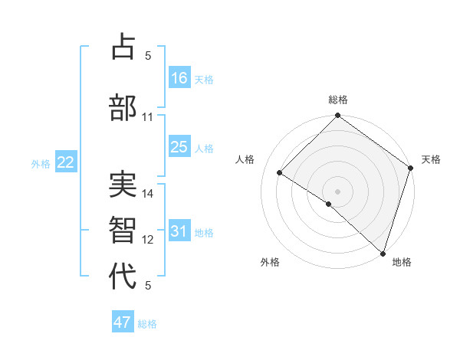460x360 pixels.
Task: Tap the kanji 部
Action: tap(123, 107)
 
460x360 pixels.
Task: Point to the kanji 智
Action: tap(123, 230)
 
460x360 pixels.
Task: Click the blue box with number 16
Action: tap(179, 78)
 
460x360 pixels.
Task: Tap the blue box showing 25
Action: tap(179, 147)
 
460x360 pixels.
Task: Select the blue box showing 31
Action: tap(179, 231)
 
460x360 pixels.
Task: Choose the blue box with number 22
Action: tap(66, 162)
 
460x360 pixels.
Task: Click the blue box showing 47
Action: tap(123, 322)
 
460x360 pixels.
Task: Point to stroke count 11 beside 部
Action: tap(148, 117)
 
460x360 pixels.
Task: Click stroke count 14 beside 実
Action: tap(148, 194)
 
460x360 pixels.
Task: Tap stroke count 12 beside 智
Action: tap(148, 240)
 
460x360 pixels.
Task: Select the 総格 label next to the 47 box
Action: tap(147, 324)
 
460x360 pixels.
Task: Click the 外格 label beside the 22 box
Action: tap(41, 163)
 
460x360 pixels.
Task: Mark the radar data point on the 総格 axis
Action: tap(337, 116)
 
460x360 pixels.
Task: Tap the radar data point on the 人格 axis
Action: tap(280, 173)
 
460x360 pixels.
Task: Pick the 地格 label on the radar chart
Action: tap(402, 263)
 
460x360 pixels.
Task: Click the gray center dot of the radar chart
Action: tap(337, 191)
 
